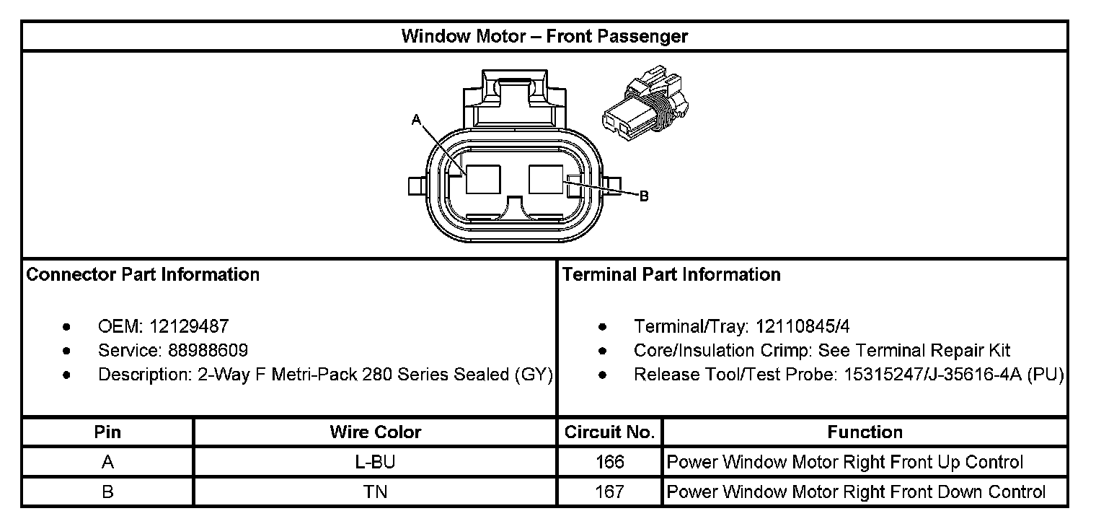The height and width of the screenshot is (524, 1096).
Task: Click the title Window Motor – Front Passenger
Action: (x=544, y=36)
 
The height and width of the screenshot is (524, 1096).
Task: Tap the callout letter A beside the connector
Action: (x=416, y=120)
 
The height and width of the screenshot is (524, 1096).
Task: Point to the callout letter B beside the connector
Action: (x=644, y=196)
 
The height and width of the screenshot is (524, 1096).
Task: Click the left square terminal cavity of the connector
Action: (x=482, y=179)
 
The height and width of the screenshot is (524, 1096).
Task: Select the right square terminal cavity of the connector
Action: (x=546, y=179)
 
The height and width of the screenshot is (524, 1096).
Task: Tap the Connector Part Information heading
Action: (x=143, y=275)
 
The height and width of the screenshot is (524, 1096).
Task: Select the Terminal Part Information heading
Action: (x=671, y=275)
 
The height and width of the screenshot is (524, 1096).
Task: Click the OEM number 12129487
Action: (x=189, y=327)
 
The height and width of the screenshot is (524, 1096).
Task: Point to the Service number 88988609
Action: (x=209, y=351)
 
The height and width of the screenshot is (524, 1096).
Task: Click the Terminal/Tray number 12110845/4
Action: (x=803, y=327)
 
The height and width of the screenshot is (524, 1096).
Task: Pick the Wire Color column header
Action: (x=375, y=432)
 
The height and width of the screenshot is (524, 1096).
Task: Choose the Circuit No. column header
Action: (x=609, y=432)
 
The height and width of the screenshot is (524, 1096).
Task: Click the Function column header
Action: (x=865, y=432)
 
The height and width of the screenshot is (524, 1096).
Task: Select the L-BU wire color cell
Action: (x=375, y=462)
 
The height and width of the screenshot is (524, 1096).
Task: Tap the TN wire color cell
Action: (x=375, y=492)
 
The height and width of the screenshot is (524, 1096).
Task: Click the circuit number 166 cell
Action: (x=609, y=462)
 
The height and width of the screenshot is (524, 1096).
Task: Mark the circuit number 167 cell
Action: (x=609, y=492)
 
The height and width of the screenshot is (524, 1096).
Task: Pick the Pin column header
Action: (x=108, y=432)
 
